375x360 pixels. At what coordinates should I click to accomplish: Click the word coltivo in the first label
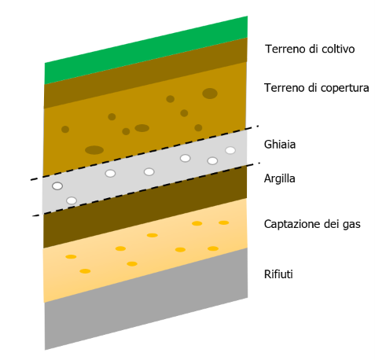[x=338, y=49]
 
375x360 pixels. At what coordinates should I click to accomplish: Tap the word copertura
[x=345, y=88]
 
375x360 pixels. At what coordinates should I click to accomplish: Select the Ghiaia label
[x=280, y=145]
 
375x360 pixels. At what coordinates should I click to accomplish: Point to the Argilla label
[x=280, y=178]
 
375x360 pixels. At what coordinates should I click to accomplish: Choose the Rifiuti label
[x=278, y=274]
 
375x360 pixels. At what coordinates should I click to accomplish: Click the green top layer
[x=146, y=50]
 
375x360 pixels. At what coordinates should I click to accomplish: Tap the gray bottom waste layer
[x=146, y=299]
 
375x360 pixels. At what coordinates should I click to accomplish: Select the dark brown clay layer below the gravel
[x=145, y=207]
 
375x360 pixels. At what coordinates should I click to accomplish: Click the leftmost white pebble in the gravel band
[x=57, y=186]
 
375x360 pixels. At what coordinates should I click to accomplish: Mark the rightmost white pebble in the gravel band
[x=230, y=150]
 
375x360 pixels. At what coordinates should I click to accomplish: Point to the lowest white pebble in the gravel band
[x=72, y=200]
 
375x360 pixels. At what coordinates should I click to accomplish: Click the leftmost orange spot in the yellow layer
[x=71, y=257]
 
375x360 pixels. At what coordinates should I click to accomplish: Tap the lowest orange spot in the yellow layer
[x=85, y=271]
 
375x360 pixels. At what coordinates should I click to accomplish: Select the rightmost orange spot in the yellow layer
[x=224, y=222]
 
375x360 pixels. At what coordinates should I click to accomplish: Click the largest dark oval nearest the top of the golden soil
[x=210, y=94]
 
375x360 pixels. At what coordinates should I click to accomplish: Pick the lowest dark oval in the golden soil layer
[x=94, y=150]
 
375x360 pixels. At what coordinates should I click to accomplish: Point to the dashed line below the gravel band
[x=146, y=189]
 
